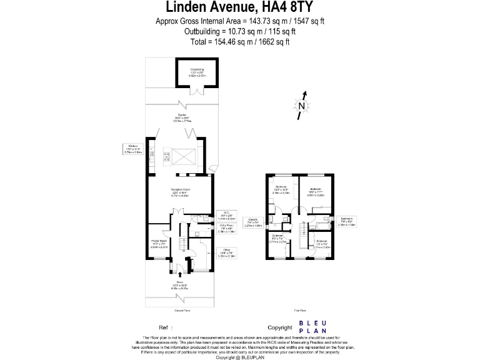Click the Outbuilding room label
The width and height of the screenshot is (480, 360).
(197, 71)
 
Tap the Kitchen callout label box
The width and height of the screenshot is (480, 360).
(132, 149)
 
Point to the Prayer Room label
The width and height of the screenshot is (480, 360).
(159, 244)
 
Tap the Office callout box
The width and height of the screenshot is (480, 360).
(226, 253)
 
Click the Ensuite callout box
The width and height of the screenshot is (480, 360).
(253, 222)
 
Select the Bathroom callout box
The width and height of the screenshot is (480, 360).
(347, 222)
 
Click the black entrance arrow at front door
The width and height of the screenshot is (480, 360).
(180, 272)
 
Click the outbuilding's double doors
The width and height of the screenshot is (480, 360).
(198, 91)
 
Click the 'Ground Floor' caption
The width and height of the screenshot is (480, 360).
(182, 311)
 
